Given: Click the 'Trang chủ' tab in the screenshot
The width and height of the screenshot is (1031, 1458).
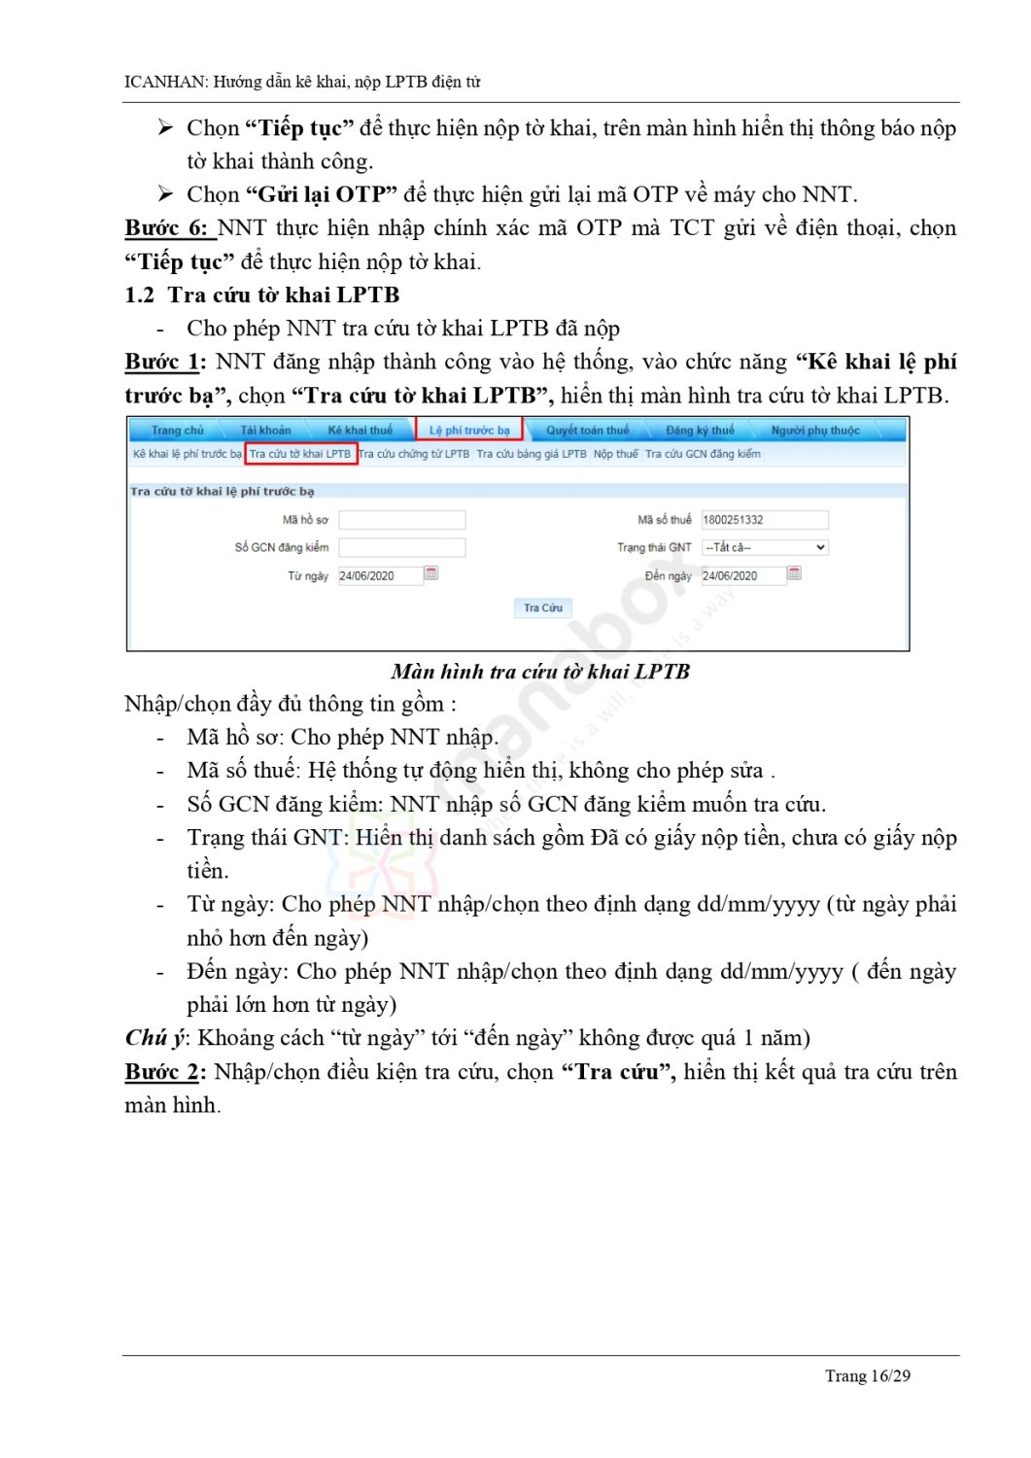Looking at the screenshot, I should click(178, 430).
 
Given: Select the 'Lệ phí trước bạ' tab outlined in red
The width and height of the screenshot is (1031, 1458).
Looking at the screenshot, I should click(469, 430).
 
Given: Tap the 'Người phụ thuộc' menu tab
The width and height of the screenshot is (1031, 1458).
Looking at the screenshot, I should click(815, 430).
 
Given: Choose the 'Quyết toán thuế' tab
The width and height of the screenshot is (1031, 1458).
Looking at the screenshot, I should click(587, 430).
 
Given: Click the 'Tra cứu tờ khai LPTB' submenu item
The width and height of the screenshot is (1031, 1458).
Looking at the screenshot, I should click(300, 454).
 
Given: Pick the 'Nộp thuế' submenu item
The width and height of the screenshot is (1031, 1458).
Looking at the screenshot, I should click(616, 454).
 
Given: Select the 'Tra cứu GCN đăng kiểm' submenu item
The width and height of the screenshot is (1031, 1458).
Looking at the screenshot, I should click(703, 454).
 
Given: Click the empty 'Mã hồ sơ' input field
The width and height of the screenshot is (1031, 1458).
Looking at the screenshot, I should click(401, 520).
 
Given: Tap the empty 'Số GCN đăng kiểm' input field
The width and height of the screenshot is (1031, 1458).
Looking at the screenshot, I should click(401, 548).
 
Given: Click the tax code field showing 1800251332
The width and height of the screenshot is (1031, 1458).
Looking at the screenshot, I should click(764, 520).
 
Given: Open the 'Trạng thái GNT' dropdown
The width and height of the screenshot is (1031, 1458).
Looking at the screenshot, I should click(765, 548).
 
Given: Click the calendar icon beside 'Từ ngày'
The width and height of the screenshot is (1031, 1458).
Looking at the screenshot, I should click(431, 573).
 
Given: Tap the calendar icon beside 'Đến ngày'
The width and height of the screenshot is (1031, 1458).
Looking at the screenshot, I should click(794, 573).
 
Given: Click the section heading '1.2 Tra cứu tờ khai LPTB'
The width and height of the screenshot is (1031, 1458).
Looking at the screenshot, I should click(262, 295).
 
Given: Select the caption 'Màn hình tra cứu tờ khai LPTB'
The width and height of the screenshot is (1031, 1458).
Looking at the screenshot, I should click(540, 672).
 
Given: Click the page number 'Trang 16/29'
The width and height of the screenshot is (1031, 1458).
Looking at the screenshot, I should click(867, 1375).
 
